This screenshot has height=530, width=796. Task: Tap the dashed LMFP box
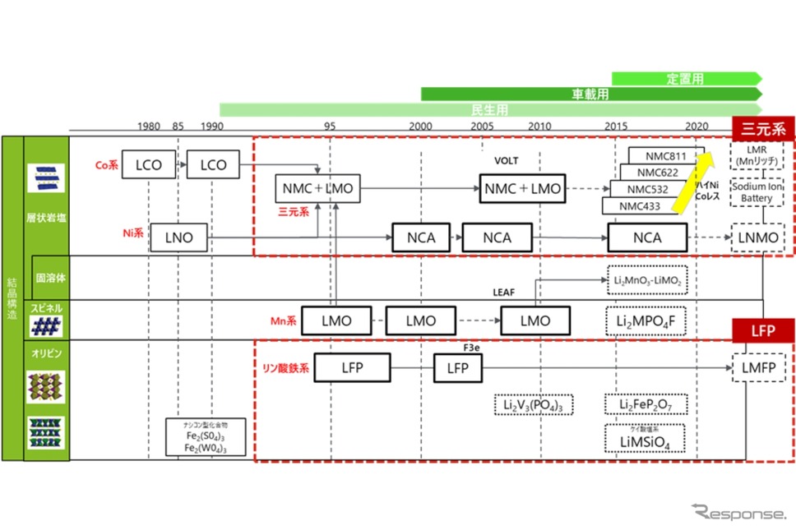pos(758,366)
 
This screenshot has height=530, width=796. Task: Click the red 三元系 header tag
pos(764,128)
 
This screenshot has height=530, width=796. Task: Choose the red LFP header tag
pos(764,330)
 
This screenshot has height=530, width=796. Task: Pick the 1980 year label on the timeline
pos(149,127)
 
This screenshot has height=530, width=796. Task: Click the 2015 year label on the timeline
pos(616,127)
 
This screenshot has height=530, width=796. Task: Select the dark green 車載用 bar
pos(590,94)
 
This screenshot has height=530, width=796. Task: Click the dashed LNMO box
pos(758,239)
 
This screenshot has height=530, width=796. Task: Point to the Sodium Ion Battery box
pos(757,193)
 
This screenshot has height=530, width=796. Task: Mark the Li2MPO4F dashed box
pos(646,320)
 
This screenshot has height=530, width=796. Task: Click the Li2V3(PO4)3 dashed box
pos(533,404)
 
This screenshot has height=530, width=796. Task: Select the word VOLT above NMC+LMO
pos(507,161)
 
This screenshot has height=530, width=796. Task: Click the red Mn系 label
pos(283,320)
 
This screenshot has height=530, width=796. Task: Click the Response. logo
pos(738,514)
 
